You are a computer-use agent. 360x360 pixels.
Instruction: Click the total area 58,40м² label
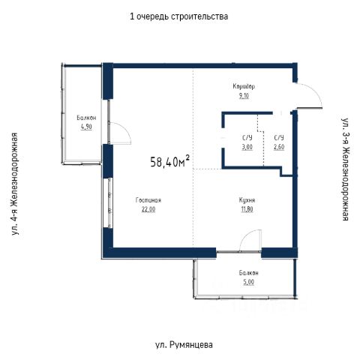pyautogui.click(x=170, y=161)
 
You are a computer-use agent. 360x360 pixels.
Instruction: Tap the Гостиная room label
pyautogui.click(x=148, y=200)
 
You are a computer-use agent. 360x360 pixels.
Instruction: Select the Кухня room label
pyautogui.click(x=247, y=200)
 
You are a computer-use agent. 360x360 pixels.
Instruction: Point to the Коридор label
pyautogui.click(x=244, y=86)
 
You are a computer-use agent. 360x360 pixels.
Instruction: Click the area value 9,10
pyautogui.click(x=244, y=96)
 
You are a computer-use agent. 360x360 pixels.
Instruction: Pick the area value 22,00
pyautogui.click(x=148, y=209)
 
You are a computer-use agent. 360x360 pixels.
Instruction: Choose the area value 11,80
pyautogui.click(x=247, y=209)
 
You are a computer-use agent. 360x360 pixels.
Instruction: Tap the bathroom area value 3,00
pyautogui.click(x=247, y=147)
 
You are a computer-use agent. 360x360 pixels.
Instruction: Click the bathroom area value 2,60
pyautogui.click(x=279, y=147)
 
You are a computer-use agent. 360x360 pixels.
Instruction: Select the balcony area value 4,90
pyautogui.click(x=86, y=127)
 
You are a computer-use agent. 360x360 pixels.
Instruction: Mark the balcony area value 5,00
pyautogui.click(x=248, y=282)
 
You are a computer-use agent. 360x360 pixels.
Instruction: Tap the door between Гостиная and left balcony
pyautogui.click(x=121, y=133)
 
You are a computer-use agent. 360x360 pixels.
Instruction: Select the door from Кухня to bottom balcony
pyautogui.click(x=250, y=240)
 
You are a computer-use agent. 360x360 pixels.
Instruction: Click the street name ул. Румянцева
pyautogui.click(x=184, y=345)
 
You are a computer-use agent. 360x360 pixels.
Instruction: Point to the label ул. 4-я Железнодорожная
pyautogui.click(x=15, y=184)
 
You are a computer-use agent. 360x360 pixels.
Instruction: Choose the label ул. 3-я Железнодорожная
pyautogui.click(x=345, y=169)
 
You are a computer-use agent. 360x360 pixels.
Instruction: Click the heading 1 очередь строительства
pyautogui.click(x=178, y=16)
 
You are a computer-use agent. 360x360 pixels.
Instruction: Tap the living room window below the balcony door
pyautogui.click(x=109, y=202)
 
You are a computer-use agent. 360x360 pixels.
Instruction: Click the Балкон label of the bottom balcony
pyautogui.click(x=248, y=273)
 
